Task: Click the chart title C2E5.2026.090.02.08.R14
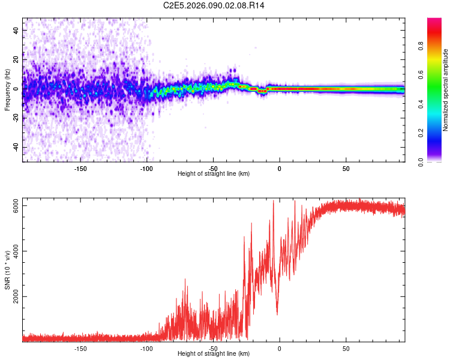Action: pyautogui.click(x=214, y=5)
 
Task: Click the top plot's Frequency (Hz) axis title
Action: pyautogui.click(x=7, y=89)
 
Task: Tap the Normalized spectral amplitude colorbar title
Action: pyautogui.click(x=445, y=90)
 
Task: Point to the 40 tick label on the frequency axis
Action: pyautogui.click(x=16, y=29)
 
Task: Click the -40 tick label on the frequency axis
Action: pyautogui.click(x=16, y=147)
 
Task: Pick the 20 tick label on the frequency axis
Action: pyautogui.click(x=16, y=59)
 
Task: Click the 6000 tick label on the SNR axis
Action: pyautogui.click(x=16, y=206)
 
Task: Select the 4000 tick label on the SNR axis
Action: pyautogui.click(x=16, y=251)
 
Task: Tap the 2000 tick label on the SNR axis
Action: pyautogui.click(x=16, y=296)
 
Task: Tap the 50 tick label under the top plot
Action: pyautogui.click(x=346, y=168)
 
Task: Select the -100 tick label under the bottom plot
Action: pyautogui.click(x=146, y=348)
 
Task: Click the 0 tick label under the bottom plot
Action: pyautogui.click(x=279, y=348)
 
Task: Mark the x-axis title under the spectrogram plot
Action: pyautogui.click(x=214, y=174)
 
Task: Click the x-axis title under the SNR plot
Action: pyautogui.click(x=214, y=354)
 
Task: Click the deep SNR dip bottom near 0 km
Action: pyautogui.click(x=277, y=314)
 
